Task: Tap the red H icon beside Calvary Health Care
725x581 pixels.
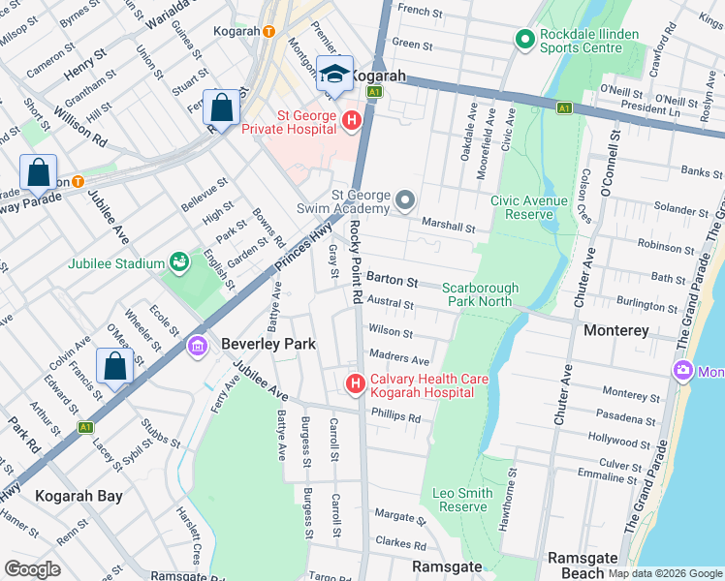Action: click(355, 384)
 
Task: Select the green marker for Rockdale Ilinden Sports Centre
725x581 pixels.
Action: click(525, 40)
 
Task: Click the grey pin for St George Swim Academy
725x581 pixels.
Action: click(405, 201)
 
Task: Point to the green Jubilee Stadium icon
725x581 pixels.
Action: click(178, 261)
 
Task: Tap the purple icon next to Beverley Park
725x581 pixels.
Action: click(198, 345)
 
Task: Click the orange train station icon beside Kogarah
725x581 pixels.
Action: click(268, 30)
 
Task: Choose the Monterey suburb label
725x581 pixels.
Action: click(616, 330)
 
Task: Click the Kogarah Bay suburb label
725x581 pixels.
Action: click(79, 496)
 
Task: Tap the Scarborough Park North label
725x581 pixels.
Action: click(481, 294)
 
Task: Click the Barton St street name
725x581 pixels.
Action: click(392, 282)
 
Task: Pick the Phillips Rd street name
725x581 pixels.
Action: click(395, 418)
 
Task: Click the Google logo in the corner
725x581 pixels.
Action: click(32, 568)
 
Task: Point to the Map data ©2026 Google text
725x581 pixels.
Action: click(664, 573)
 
